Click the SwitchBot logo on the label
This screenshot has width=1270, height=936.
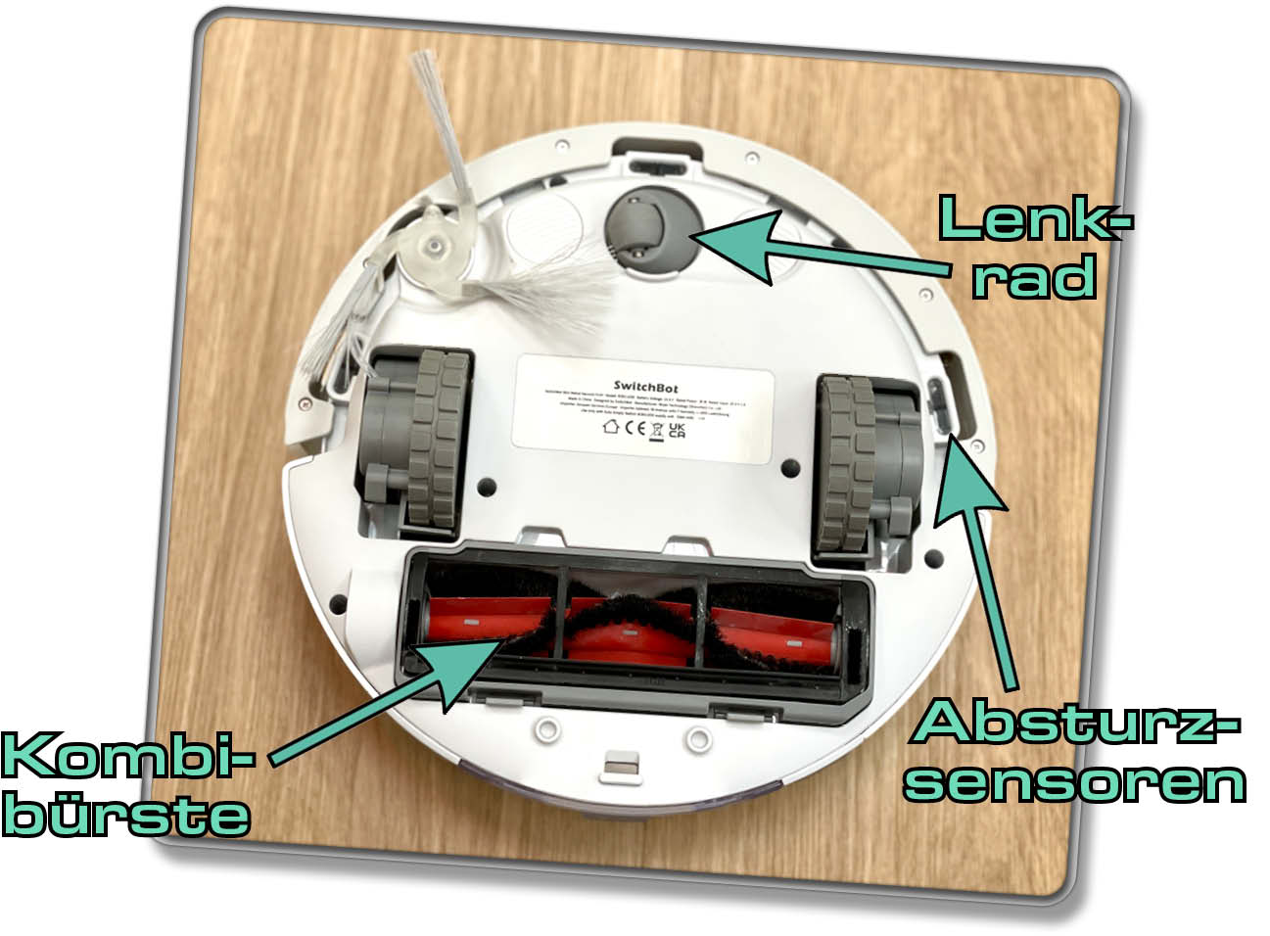pyautogui.click(x=645, y=387)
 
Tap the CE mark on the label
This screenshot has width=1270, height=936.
pyautogui.click(x=635, y=428)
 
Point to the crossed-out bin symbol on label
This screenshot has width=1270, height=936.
pyautogui.click(x=657, y=429)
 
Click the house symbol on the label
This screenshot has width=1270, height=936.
pyautogui.click(x=611, y=426)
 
